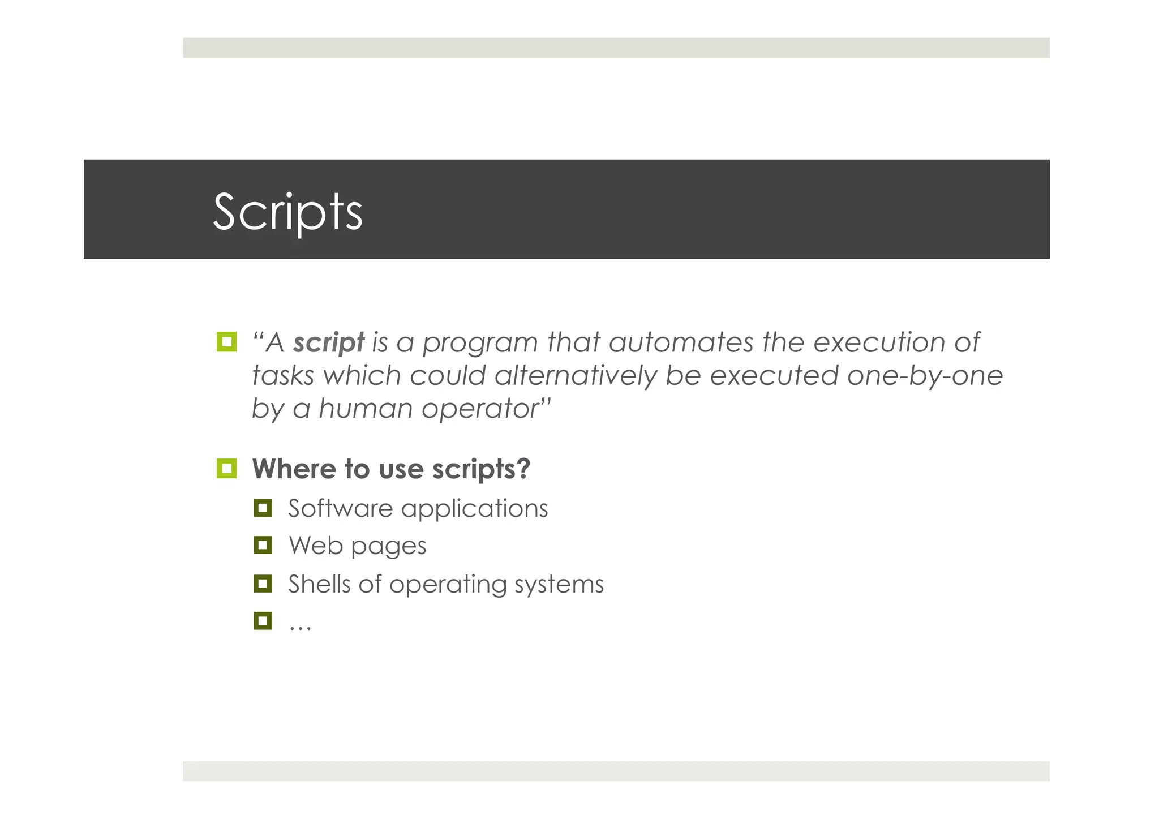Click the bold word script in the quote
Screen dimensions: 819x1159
coord(329,343)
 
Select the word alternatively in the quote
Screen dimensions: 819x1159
coord(575,376)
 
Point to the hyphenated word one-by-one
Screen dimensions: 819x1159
coord(925,376)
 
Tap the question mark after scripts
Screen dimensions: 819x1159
coord(523,469)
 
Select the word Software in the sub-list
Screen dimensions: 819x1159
coord(340,508)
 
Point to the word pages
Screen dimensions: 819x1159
coord(388,547)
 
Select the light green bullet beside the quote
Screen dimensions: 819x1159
coord(226,342)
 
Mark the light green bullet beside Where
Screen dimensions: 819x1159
coord(226,469)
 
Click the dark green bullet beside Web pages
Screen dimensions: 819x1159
coord(263,546)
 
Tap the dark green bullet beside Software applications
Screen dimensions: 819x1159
coord(263,508)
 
